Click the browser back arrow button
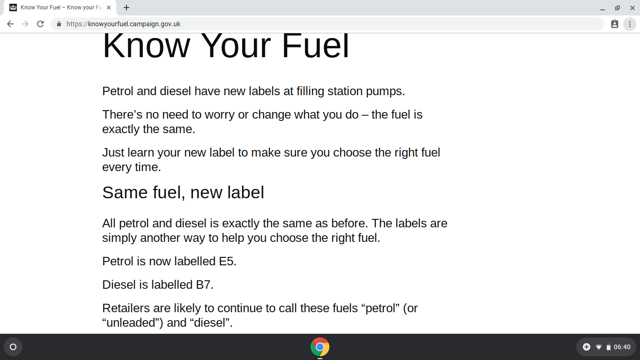pos(10,24)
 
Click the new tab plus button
pos(127,7)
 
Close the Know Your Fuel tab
pos(109,7)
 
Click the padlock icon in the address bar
pos(59,24)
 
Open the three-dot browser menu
pos(630,24)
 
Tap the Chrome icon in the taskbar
pos(320,347)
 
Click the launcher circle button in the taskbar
pos(13,347)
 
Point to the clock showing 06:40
pos(622,347)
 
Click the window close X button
pos(633,8)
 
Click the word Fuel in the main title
pos(315,46)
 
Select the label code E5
pos(226,262)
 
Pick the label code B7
pos(203,285)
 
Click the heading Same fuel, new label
pos(183,193)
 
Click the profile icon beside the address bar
pos(615,24)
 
